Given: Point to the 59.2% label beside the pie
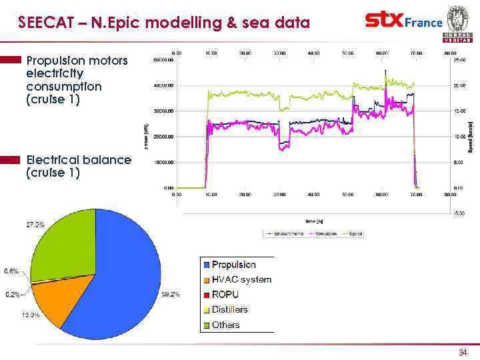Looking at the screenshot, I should click(x=171, y=293).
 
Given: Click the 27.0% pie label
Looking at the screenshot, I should click(x=35, y=225).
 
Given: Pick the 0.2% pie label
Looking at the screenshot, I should click(x=12, y=293).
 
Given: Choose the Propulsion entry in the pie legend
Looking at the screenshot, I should click(x=233, y=265).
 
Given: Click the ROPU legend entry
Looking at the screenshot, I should click(x=225, y=295).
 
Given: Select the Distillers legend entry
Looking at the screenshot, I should click(x=229, y=309).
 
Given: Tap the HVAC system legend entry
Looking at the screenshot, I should click(x=241, y=279).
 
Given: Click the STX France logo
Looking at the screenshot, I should click(x=403, y=21).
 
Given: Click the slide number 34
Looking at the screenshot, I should click(x=463, y=352).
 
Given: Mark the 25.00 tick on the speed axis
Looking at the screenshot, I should click(x=460, y=60).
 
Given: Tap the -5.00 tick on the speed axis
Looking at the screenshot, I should click(x=460, y=213).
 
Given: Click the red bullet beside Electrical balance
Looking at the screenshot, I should click(x=11, y=160).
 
